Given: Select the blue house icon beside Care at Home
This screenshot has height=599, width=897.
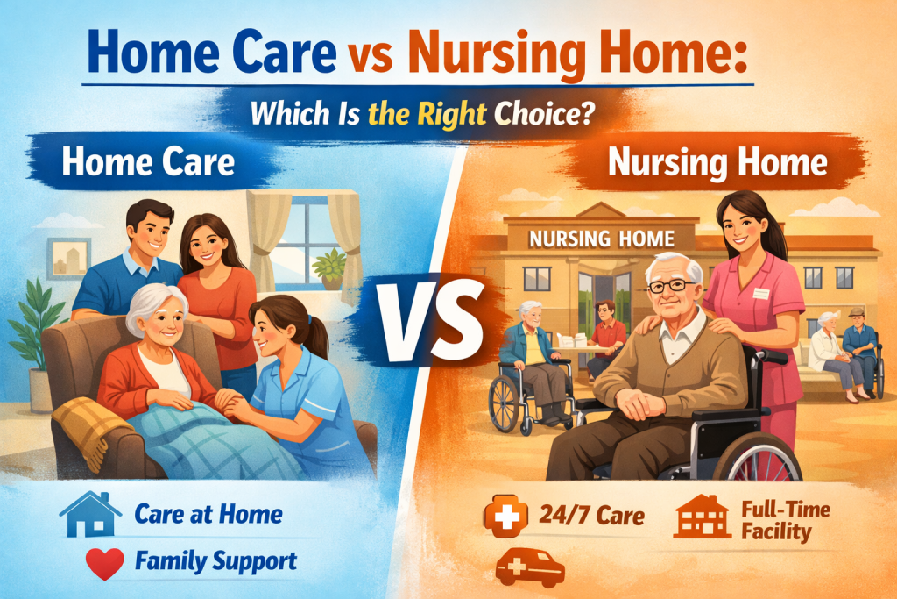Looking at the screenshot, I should [89, 515].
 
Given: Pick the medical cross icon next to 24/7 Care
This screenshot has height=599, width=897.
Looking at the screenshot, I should [504, 516].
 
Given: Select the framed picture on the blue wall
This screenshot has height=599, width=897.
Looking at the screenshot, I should [69, 258].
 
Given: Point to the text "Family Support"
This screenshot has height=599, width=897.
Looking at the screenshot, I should [215, 560].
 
